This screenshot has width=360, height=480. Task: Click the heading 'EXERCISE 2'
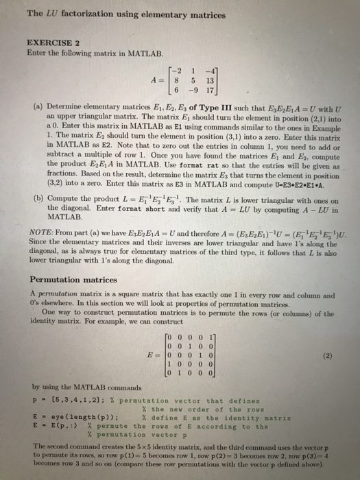49,41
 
